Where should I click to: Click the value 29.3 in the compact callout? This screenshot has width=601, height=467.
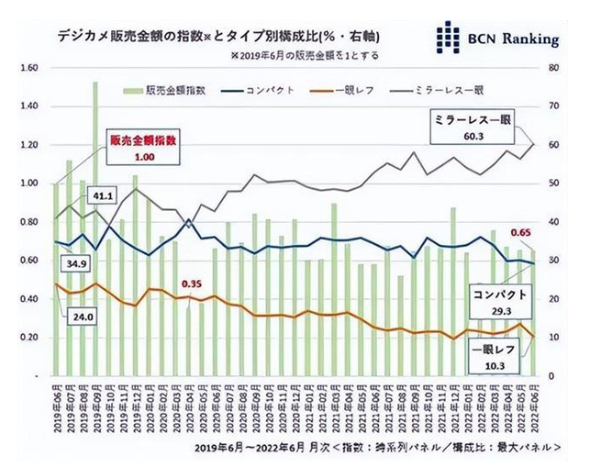click(498, 311)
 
